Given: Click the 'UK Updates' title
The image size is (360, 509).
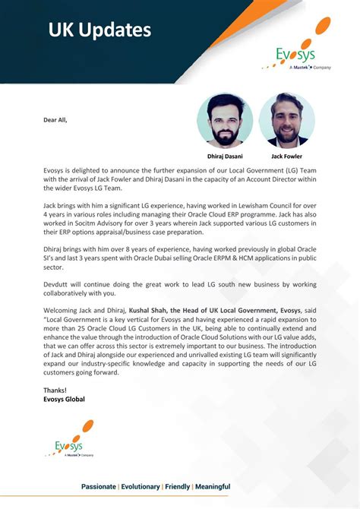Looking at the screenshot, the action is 99,30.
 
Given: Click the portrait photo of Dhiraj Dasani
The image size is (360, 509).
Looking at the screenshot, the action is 225,120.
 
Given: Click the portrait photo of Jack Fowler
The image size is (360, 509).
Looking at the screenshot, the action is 287,120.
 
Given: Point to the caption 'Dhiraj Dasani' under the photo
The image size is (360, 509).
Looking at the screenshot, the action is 225,156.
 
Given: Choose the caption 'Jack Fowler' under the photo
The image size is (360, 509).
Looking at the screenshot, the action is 287,156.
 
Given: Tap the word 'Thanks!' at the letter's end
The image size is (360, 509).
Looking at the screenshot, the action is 55,390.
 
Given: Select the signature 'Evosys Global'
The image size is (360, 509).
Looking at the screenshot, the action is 65,399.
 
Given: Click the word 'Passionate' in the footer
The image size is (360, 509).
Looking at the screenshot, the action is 99,486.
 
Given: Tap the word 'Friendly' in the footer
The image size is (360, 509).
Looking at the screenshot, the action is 178,486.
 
